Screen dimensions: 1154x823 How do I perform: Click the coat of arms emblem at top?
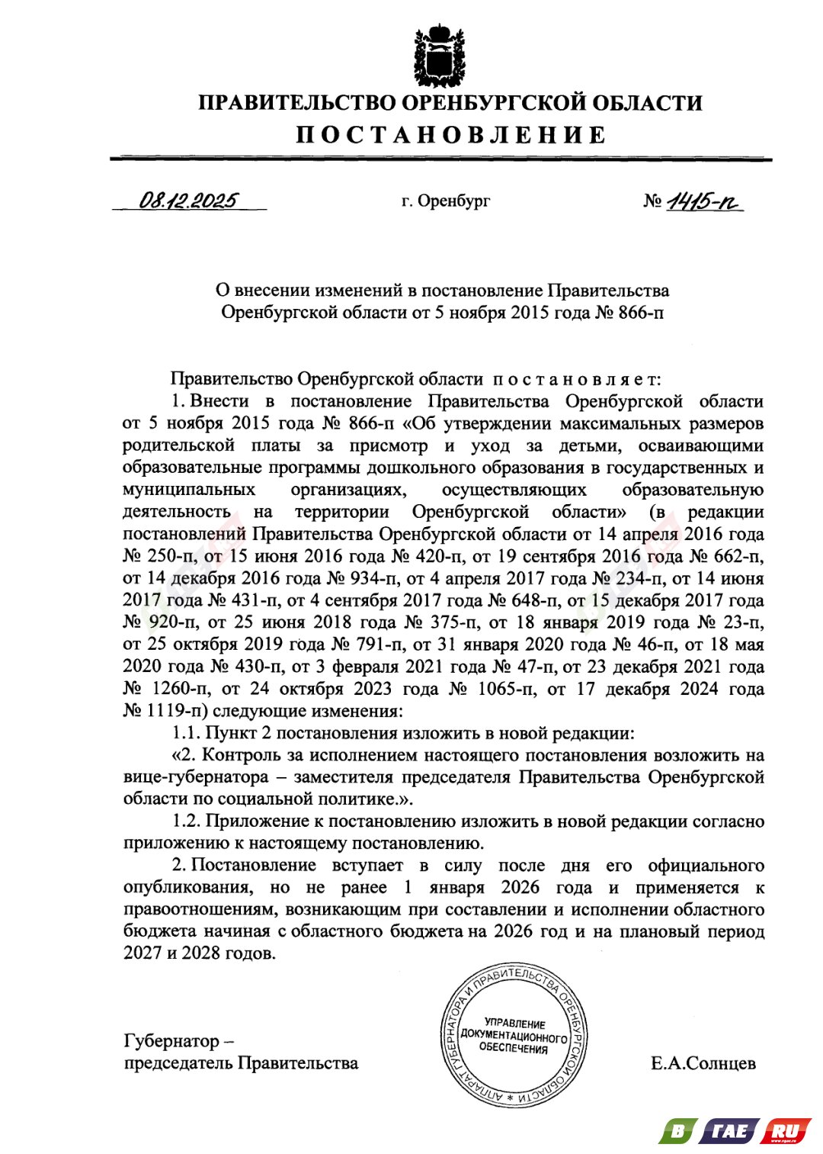pyautogui.click(x=439, y=56)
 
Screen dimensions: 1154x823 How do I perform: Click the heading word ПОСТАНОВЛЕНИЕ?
pyautogui.click(x=450, y=135)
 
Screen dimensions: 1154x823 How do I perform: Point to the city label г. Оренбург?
pyautogui.click(x=446, y=201)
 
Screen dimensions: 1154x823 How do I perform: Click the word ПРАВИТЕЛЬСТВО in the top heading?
pyautogui.click(x=296, y=103)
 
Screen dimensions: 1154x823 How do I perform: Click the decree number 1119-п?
pyautogui.click(x=176, y=711)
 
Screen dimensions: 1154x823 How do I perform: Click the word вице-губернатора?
pyautogui.click(x=196, y=777)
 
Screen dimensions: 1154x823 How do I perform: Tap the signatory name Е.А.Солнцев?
pyautogui.click(x=703, y=1063)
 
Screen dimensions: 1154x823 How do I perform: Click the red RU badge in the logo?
pyautogui.click(x=785, y=1130)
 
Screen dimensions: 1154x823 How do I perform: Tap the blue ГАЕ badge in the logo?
pyautogui.click(x=729, y=1130)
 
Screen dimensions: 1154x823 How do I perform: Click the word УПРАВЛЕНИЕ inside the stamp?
pyautogui.click(x=515, y=1024)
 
